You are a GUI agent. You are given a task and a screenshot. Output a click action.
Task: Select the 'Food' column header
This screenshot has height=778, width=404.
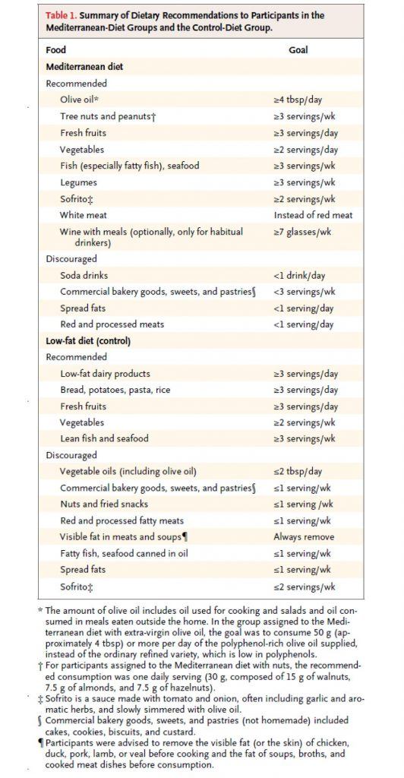tap(56, 50)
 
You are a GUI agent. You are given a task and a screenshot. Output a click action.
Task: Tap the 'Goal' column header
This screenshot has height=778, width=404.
tap(298, 50)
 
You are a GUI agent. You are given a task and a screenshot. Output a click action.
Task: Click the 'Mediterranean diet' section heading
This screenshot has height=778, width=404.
tap(84, 67)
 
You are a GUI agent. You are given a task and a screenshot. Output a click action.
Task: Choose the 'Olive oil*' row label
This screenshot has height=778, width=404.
tap(80, 100)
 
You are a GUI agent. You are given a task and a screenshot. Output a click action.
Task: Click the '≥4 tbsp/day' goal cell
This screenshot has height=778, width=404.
tap(301, 100)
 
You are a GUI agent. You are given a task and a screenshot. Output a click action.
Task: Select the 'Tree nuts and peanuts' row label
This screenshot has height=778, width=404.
tap(108, 116)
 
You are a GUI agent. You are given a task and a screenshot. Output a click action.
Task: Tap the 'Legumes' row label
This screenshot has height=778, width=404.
tap(79, 182)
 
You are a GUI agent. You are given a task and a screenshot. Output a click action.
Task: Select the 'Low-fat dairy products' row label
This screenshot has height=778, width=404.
tap(105, 374)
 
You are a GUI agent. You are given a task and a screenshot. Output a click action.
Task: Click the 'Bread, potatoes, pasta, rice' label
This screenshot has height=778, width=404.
tap(115, 390)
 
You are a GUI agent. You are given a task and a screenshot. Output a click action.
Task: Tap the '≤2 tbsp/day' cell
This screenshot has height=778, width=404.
tap(301, 472)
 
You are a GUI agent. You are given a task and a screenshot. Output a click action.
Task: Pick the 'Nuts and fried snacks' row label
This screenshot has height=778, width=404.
tap(104, 504)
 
